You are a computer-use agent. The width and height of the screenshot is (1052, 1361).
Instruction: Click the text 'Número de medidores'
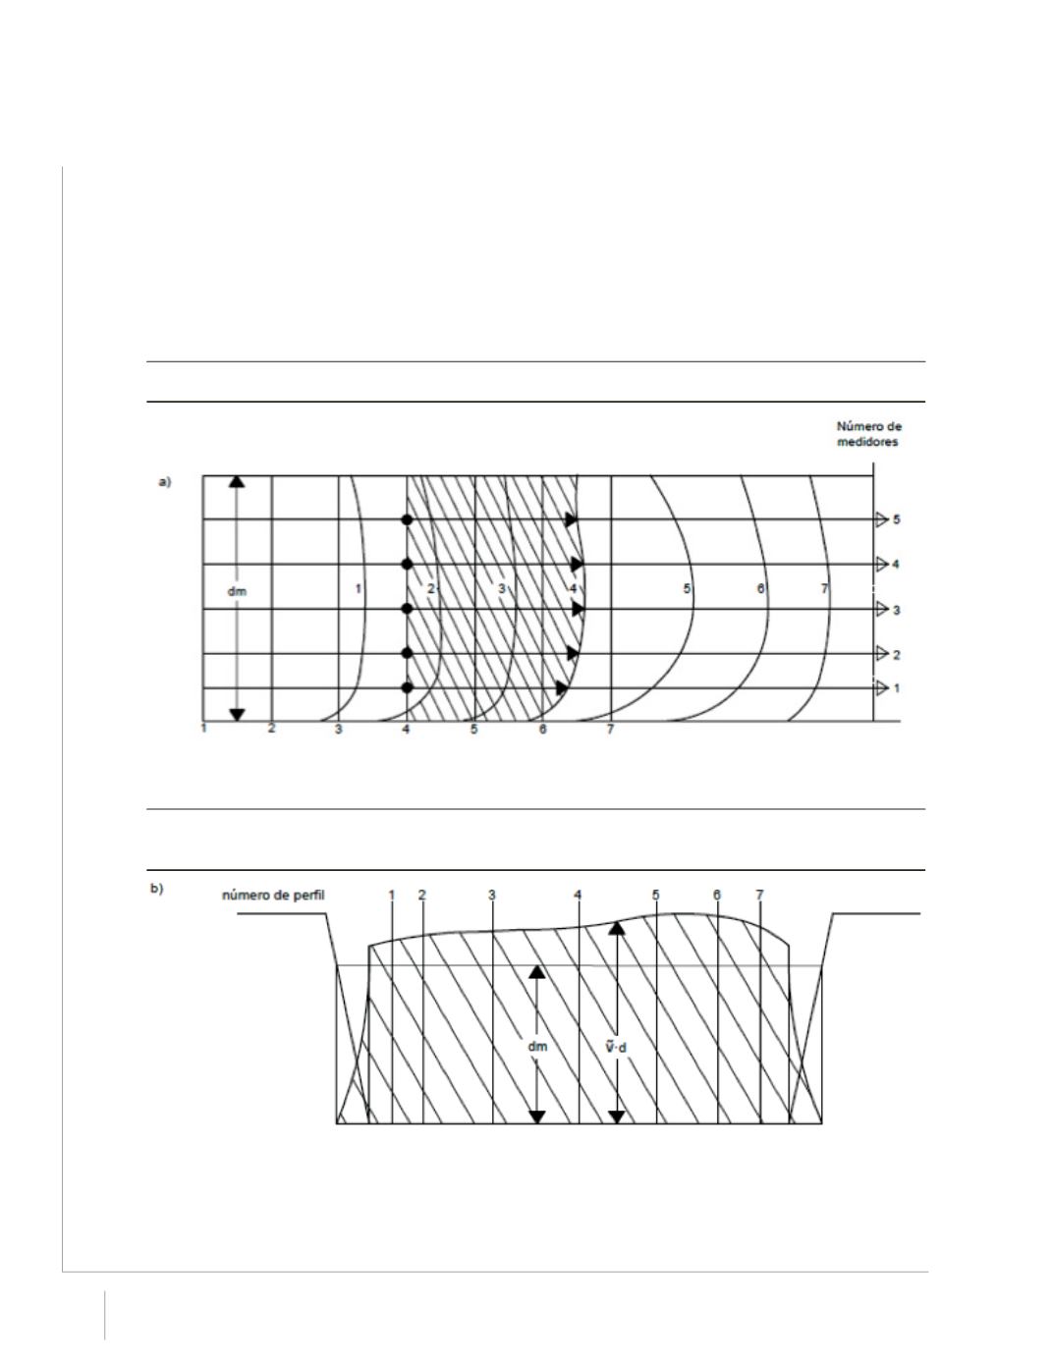click(x=868, y=433)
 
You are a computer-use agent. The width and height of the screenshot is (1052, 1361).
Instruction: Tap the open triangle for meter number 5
click(x=881, y=519)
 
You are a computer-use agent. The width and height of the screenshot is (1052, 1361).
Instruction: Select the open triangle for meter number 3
click(x=881, y=609)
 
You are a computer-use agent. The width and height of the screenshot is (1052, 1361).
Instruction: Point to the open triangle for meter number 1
click(x=881, y=687)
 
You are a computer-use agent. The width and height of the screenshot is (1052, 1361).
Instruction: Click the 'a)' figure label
click(x=164, y=482)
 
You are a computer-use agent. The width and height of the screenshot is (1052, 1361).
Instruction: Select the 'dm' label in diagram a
click(x=237, y=590)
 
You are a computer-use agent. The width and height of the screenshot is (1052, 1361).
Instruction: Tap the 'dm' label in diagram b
click(x=537, y=1046)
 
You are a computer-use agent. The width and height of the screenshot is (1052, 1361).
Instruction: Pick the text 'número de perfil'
click(x=273, y=895)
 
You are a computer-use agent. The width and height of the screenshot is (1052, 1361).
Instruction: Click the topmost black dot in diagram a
click(x=407, y=519)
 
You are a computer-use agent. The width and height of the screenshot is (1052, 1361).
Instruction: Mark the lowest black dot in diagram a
click(x=407, y=687)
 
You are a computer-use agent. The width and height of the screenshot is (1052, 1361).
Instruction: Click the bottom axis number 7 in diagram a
click(x=610, y=729)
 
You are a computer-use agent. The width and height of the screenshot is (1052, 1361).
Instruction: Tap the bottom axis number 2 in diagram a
click(x=271, y=729)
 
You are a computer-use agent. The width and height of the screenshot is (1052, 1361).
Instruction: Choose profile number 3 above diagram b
click(x=492, y=895)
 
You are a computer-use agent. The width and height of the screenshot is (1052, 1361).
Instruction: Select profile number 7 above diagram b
click(x=759, y=895)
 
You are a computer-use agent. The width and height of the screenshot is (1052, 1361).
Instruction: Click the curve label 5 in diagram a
click(x=687, y=589)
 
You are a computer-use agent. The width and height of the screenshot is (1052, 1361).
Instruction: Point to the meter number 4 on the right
click(x=896, y=565)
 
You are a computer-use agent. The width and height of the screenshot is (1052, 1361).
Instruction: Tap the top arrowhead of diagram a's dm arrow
click(x=237, y=481)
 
